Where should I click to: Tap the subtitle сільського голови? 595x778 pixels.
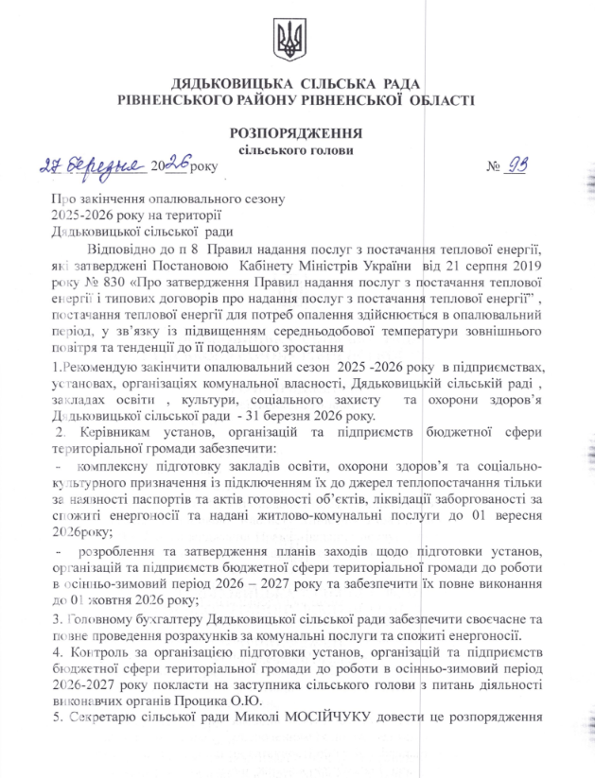pyautogui.click(x=296, y=149)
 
